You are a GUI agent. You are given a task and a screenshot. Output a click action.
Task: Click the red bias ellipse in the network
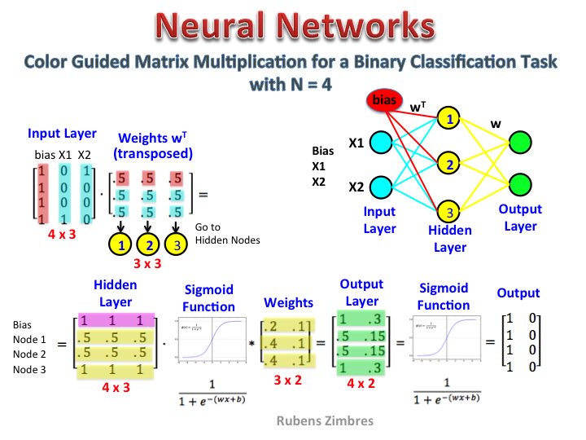pos(381,101)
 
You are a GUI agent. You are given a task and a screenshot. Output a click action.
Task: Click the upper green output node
pos(520,142)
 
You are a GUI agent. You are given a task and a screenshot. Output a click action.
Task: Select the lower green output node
pos(520,184)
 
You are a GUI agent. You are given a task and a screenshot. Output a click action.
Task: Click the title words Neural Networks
pos(292,26)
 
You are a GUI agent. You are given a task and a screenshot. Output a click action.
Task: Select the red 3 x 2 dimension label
pos(288,379)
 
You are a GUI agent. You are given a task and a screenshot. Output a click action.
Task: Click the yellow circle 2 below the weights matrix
pos(149,244)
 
